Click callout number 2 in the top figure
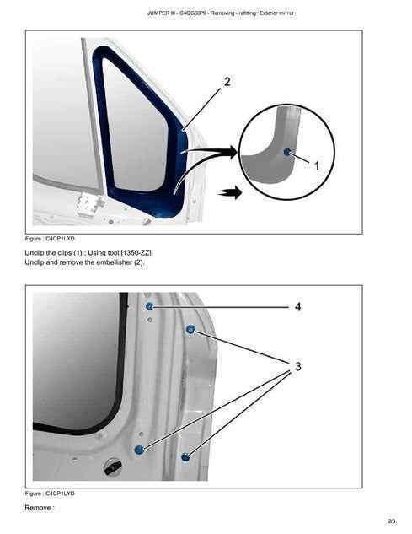(x=227, y=82)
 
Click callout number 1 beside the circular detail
(x=317, y=166)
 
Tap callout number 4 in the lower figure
(x=297, y=307)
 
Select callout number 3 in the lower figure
(x=298, y=366)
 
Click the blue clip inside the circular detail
(x=286, y=152)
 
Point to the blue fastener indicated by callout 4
(x=149, y=306)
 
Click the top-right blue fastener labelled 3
(x=190, y=329)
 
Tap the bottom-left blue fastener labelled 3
(x=139, y=450)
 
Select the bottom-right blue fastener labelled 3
(x=185, y=457)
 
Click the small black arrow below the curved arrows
(x=230, y=192)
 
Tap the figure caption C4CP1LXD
(x=50, y=239)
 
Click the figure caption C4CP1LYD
(x=50, y=494)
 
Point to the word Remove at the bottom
(x=38, y=508)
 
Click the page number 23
(x=392, y=521)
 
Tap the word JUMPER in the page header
(x=158, y=13)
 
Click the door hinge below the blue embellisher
(x=89, y=203)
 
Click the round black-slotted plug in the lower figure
(x=113, y=467)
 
